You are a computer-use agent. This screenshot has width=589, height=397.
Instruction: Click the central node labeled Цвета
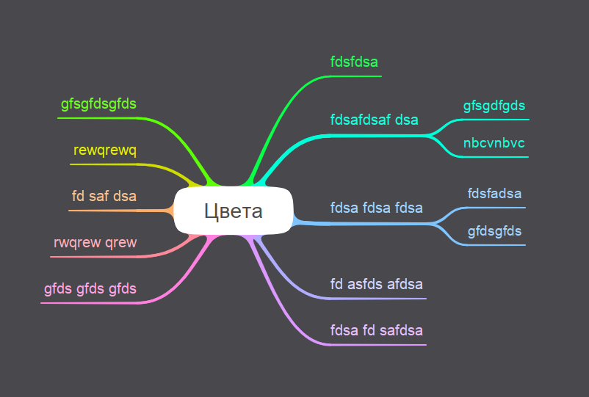click(x=234, y=211)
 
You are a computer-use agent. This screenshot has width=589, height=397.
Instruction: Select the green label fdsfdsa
click(x=354, y=62)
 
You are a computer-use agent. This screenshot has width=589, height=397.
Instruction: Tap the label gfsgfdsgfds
click(x=98, y=104)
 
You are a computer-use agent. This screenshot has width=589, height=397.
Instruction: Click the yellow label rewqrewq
click(x=105, y=150)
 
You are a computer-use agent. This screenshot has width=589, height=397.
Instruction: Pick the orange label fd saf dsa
click(x=104, y=196)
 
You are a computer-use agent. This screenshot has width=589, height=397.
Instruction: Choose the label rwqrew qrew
click(x=95, y=243)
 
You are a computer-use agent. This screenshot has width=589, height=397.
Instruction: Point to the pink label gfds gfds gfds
click(x=90, y=289)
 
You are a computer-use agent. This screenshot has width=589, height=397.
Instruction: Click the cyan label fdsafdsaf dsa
click(x=374, y=120)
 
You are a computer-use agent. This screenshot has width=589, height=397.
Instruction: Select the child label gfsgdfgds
click(x=494, y=106)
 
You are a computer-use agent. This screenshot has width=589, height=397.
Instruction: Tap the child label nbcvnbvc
click(x=494, y=143)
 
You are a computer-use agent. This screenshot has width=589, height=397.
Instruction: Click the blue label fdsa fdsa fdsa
click(x=377, y=208)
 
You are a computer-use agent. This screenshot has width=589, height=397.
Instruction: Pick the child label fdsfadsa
click(x=494, y=194)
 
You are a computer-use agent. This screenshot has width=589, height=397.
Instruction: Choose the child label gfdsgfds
click(x=494, y=231)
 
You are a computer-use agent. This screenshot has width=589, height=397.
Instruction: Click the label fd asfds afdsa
click(x=377, y=284)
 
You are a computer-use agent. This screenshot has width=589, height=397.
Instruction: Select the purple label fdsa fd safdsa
click(x=377, y=330)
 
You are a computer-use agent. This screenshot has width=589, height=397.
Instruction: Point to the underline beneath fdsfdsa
click(x=355, y=76)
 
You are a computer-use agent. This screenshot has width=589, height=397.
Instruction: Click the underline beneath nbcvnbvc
click(x=494, y=157)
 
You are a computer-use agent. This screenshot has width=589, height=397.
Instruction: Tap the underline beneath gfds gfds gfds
click(x=90, y=303)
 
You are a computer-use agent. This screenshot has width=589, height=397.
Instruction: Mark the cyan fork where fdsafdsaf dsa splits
click(x=430, y=135)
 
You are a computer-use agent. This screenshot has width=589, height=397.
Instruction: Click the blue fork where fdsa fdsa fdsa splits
click(x=435, y=224)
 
